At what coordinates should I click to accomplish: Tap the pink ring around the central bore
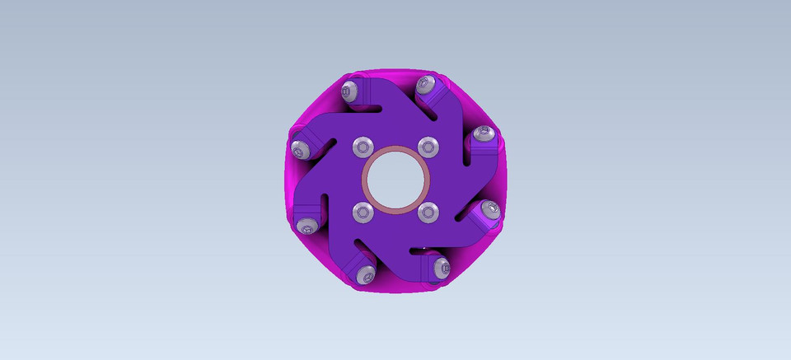point(395,151)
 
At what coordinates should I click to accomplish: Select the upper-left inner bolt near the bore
point(363,147)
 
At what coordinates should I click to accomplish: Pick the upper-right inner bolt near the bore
point(427,147)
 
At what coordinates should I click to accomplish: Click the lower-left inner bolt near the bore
point(363,213)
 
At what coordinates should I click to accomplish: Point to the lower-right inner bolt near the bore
point(427,213)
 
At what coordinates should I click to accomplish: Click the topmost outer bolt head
point(426,83)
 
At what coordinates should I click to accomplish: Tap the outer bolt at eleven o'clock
point(352,90)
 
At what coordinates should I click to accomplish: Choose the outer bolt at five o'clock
point(442,266)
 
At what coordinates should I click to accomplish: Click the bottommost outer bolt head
point(363,274)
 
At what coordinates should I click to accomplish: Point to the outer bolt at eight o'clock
point(307,228)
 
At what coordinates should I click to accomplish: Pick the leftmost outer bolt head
point(300,149)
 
